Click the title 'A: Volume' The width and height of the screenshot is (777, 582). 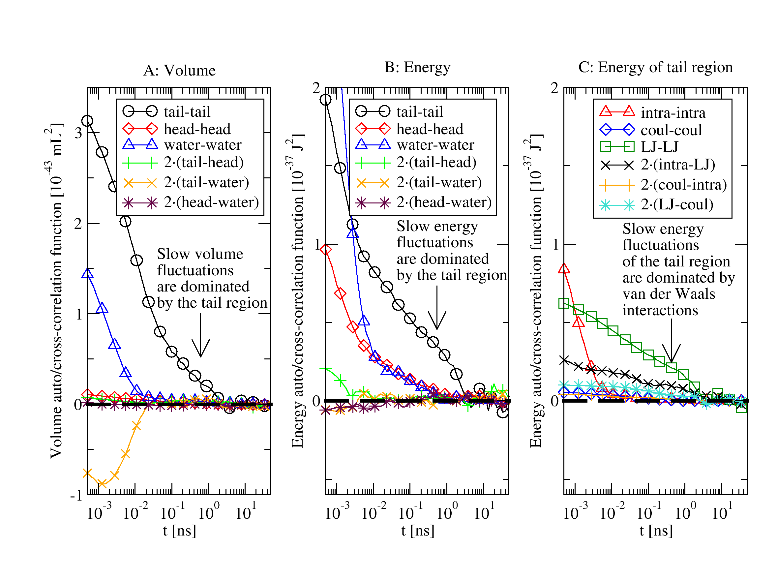tap(179, 71)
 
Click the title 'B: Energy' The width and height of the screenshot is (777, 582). tap(417, 67)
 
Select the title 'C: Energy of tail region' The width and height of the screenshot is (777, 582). tap(655, 67)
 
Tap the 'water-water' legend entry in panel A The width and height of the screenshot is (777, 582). tap(202, 145)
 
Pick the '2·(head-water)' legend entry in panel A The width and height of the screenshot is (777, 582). tap(211, 202)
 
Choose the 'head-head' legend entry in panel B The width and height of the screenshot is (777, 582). tap(430, 129)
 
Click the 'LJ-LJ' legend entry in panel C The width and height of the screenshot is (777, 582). tap(659, 147)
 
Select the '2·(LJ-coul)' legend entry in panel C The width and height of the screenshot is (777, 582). tap(676, 204)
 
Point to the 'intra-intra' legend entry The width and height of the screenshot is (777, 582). tap(673, 113)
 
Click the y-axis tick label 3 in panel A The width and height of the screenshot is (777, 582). tap(78, 133)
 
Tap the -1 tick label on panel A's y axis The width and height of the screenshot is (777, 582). tap(76, 496)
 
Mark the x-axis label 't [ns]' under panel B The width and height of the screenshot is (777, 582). tap(418, 531)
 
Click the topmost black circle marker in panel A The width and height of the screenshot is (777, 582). tap(87, 121)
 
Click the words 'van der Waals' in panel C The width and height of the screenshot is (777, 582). tap(669, 294)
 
